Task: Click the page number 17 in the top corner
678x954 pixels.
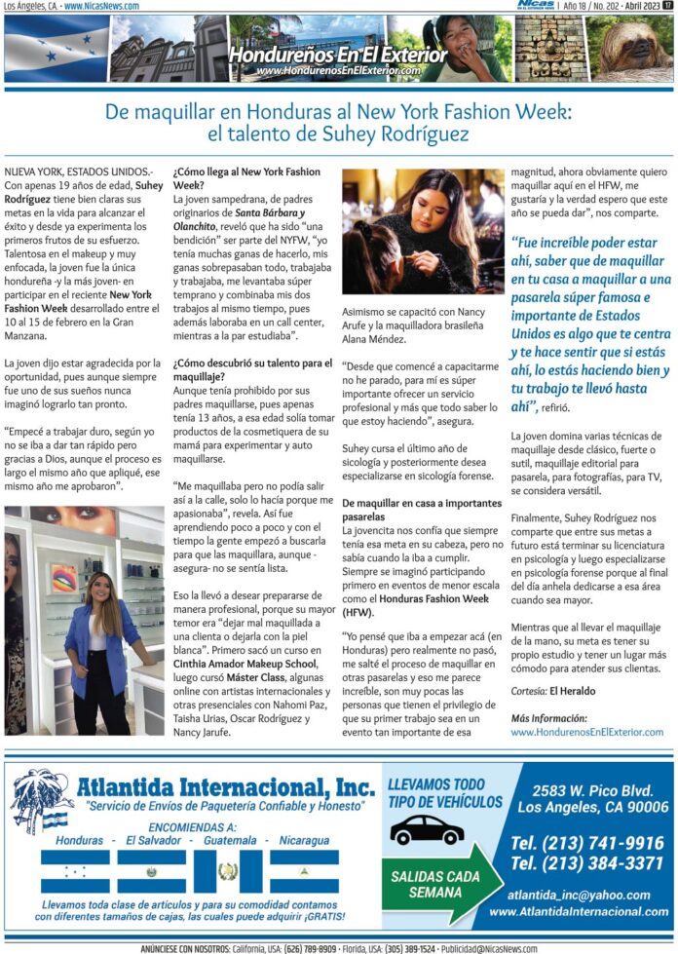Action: coord(667,6)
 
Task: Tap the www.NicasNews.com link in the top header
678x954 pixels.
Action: coord(101,6)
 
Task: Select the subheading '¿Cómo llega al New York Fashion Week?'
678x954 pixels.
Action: coord(245,177)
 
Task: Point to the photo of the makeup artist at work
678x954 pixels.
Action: coord(422,233)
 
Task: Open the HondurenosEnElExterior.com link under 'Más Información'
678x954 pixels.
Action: coord(586,731)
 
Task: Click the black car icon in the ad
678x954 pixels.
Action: coord(428,830)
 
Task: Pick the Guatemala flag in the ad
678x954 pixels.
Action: coord(227,871)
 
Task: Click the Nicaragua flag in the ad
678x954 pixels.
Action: coord(304,871)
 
